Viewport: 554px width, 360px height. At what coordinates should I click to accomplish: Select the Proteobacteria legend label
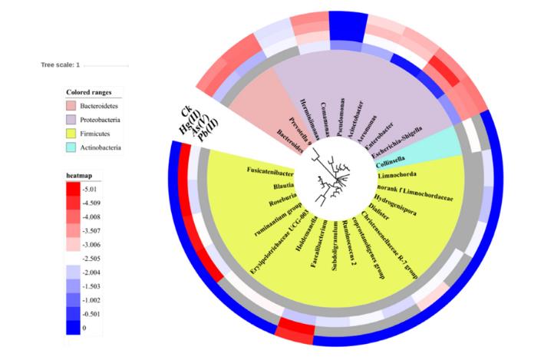(x=103, y=119)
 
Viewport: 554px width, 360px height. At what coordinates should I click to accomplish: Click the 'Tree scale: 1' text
(x=61, y=64)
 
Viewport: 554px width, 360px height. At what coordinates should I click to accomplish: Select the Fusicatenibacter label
(x=273, y=172)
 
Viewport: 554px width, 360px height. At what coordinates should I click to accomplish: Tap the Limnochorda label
(x=398, y=175)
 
